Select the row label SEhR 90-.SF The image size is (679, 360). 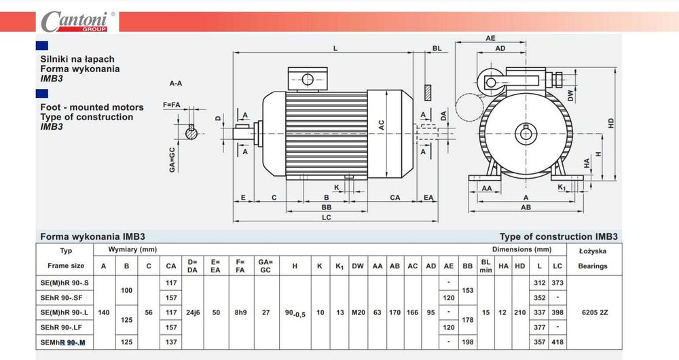pos(61,298)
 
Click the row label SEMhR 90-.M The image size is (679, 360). pos(62,342)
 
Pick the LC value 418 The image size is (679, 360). pos(557,342)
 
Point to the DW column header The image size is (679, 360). pos(358,266)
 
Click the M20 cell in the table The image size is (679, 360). pos(358,312)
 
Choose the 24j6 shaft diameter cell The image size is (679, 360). pos(193,312)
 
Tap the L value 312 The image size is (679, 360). pos(540,283)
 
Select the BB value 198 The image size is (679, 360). pos(468,342)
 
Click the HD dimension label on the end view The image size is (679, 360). pos(610,123)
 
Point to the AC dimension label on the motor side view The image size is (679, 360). pos(381,125)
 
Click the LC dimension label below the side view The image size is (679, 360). pos(327,217)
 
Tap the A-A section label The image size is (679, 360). pos(176,83)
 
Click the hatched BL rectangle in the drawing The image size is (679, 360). pos(428,92)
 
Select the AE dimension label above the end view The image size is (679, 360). pos(490,38)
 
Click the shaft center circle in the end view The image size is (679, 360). pos(526,134)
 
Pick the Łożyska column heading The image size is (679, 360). pos(592,251)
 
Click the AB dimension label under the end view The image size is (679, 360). pos(526,207)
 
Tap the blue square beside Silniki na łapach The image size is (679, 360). pos(42,46)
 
